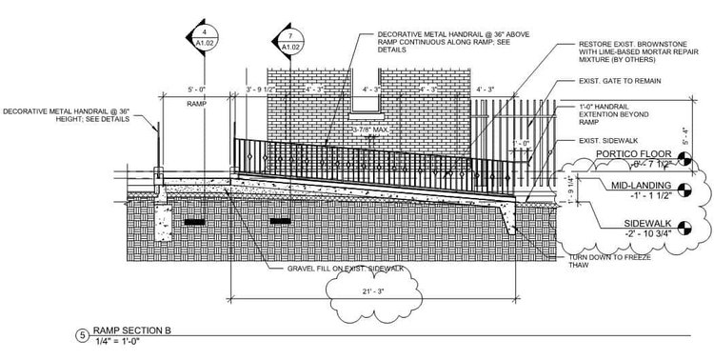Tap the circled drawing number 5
click(x=83, y=334)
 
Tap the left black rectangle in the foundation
click(x=196, y=222)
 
